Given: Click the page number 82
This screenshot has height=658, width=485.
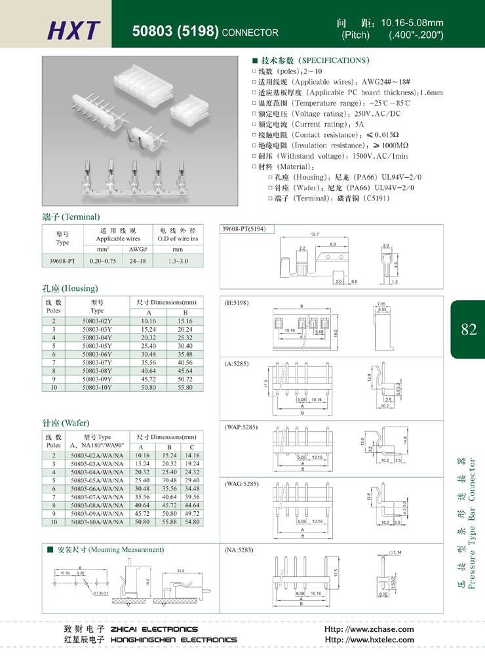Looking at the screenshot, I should coord(468,330).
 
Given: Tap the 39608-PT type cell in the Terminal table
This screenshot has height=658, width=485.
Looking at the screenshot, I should coord(62,260).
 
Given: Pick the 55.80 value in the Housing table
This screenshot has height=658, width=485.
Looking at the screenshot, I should coord(185,387).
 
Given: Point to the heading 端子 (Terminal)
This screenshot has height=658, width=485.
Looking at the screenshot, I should coord(71,217).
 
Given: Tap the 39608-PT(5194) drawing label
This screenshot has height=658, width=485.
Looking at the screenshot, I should coord(244,229).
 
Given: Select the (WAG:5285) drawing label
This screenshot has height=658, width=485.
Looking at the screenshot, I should coord(242,484).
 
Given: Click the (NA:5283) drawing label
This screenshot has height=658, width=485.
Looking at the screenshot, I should coord(239,549).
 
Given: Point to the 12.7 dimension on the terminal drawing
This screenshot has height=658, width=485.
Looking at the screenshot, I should coord(315,234).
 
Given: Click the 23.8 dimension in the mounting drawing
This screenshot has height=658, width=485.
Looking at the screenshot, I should coord(180,552).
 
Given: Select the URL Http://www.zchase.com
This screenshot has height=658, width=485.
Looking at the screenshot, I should coord(369,629).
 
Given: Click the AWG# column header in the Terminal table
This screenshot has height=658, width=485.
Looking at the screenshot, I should coord(138,249).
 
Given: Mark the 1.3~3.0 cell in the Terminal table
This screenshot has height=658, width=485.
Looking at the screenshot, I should coord(178,260).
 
